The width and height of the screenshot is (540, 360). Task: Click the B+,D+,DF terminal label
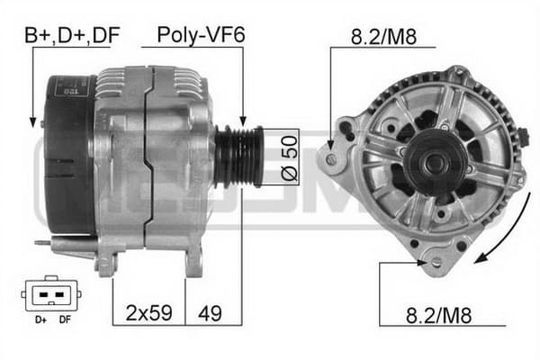(72, 35)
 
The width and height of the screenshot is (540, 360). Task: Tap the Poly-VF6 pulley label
(201, 35)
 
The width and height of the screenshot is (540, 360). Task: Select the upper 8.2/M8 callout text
(383, 37)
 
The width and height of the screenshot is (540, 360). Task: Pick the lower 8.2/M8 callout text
(438, 315)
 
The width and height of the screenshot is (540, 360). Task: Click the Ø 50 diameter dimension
(289, 157)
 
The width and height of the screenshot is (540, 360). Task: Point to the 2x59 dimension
(148, 313)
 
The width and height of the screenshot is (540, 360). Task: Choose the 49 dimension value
(210, 313)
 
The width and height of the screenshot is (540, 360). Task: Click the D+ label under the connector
(40, 319)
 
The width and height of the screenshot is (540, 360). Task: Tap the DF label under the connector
(65, 319)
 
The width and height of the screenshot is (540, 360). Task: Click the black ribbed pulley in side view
(238, 157)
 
